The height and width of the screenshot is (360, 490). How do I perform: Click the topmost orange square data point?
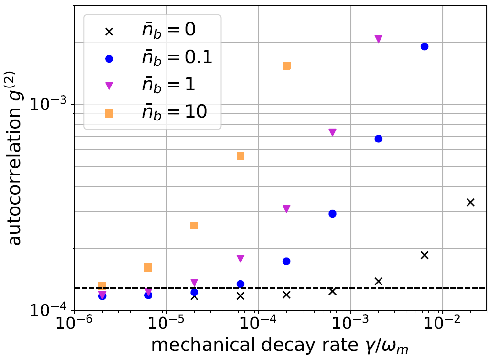pyautogui.click(x=286, y=65)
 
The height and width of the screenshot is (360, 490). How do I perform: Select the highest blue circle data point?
pyautogui.click(x=424, y=46)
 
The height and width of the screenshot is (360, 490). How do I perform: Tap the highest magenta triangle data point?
pyautogui.click(x=379, y=39)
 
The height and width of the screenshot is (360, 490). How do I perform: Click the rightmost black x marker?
pyautogui.click(x=470, y=202)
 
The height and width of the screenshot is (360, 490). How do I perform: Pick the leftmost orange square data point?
pyautogui.click(x=102, y=286)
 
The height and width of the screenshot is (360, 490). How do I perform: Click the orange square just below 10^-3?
pyautogui.click(x=240, y=155)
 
